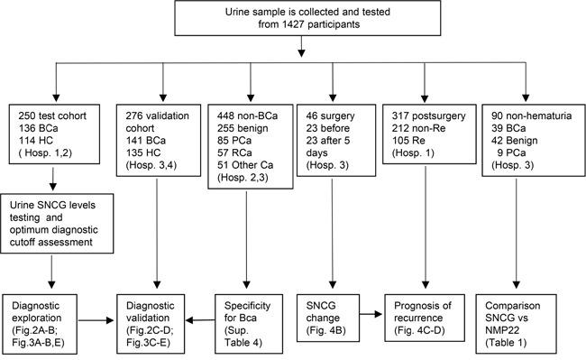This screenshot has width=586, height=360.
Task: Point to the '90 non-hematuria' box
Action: click(x=526, y=143)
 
